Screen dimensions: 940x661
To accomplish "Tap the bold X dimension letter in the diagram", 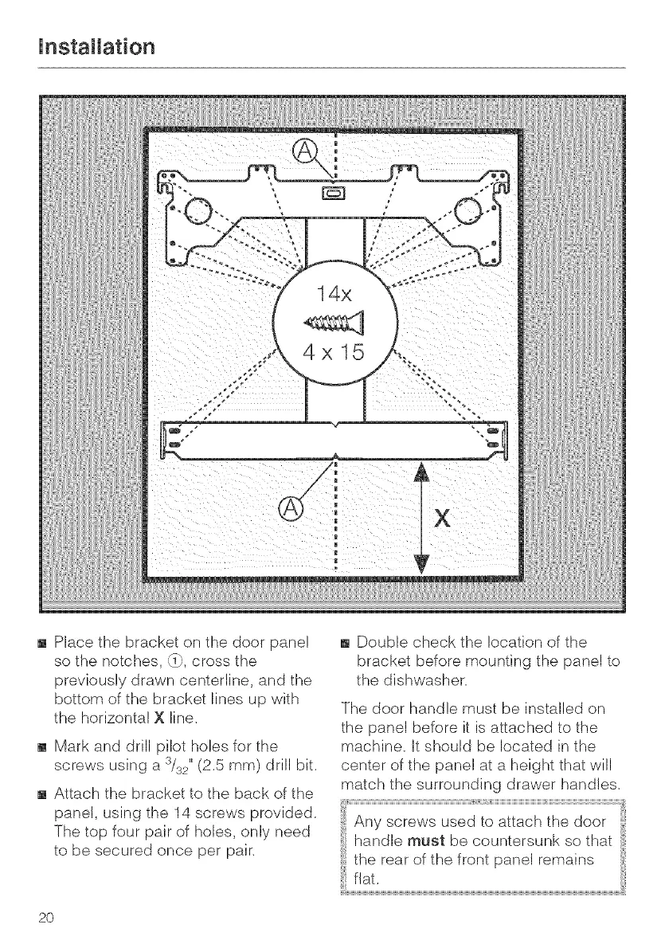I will (x=440, y=519).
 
